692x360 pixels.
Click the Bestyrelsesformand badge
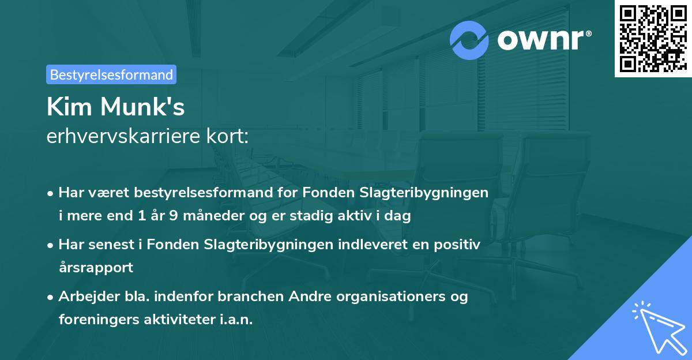(x=111, y=74)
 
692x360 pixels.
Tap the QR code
(x=653, y=38)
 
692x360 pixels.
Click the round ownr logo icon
(x=469, y=40)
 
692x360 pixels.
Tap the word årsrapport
(x=96, y=268)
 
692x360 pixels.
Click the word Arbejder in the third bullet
(x=84, y=297)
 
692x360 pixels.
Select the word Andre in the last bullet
(x=299, y=297)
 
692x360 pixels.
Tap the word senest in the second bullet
(x=112, y=244)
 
